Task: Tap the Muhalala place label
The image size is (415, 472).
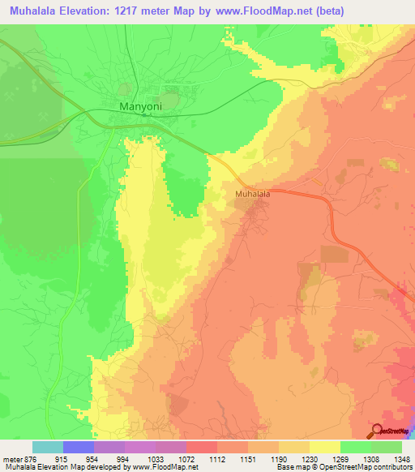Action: (252, 195)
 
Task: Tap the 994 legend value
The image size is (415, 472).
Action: (122, 458)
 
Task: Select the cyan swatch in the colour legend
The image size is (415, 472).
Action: (48, 447)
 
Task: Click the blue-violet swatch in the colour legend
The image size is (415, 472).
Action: (79, 447)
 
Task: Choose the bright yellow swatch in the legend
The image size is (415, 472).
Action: (324, 447)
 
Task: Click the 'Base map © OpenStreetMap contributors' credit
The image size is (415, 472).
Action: (344, 467)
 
